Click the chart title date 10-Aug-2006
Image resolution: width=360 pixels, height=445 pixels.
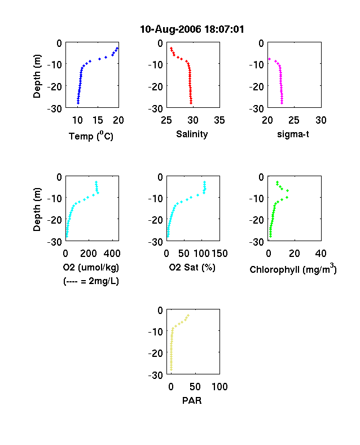coord(170,29)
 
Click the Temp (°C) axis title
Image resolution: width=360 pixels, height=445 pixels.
coord(91,136)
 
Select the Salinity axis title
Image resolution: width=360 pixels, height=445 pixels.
coord(192,134)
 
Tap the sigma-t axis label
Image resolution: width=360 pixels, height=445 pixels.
coord(293,134)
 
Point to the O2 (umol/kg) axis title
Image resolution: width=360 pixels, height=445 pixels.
coord(91,267)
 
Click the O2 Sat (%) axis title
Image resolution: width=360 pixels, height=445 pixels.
coord(192,267)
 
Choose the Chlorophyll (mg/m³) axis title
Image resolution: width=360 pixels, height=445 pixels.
coord(293,268)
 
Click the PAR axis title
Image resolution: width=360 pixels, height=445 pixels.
coord(192,400)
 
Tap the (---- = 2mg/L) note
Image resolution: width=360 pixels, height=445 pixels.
coord(91,281)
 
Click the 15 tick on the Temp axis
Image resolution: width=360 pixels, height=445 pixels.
coord(98,120)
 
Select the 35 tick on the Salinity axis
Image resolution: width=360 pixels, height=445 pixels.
coord(219,120)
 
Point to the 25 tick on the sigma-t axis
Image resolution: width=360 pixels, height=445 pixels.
coord(294,120)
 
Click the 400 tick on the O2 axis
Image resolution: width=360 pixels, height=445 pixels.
coord(112,254)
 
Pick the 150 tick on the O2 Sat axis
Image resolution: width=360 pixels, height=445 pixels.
coord(219,254)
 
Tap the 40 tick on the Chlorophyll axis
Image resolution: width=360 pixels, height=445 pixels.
coord(321,254)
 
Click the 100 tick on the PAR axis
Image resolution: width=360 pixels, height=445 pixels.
coord(219,387)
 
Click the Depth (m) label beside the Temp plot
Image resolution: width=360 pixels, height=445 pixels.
coord(37,76)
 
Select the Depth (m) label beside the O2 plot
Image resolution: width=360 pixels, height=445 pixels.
coord(37,210)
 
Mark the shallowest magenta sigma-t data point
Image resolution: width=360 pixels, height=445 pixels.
coord(269,59)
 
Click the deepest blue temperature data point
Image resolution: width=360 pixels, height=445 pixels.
coord(78,103)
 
